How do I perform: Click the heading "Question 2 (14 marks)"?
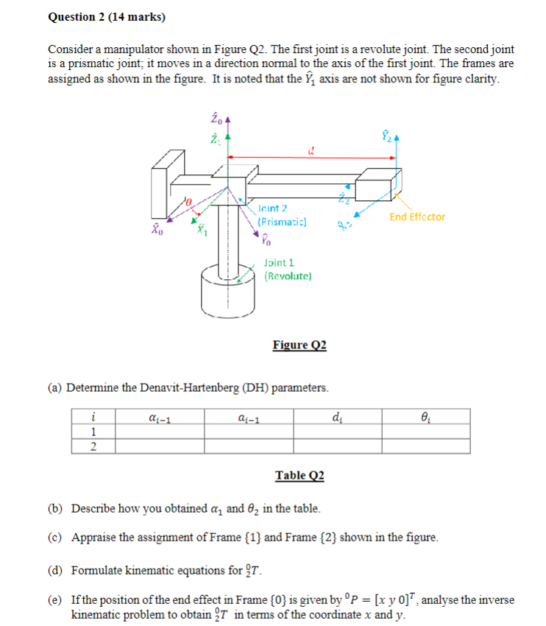107,16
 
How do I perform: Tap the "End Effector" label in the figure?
417,217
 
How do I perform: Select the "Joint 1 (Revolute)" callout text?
288,269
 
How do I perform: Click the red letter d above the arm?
312,153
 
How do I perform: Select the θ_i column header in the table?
425,418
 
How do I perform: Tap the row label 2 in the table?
92,446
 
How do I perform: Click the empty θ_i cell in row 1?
425,432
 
